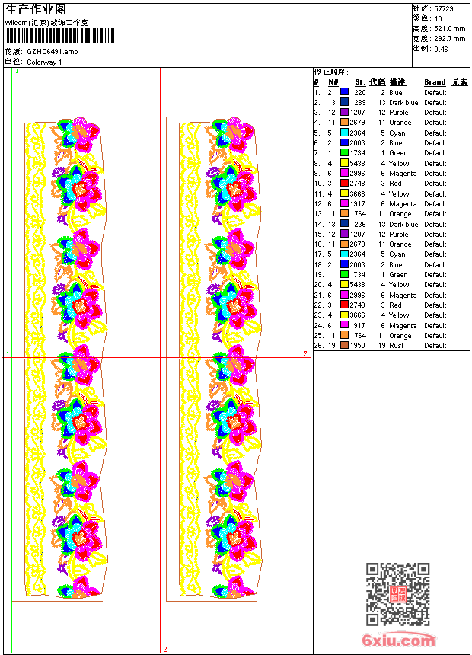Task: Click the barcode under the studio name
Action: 60,36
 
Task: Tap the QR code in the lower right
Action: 398,594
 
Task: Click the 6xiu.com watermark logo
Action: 398,639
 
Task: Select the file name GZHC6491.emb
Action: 53,52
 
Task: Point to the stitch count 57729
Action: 444,9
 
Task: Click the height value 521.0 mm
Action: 449,29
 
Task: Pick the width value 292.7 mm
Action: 449,39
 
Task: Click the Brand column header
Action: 435,82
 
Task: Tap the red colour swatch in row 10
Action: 344,183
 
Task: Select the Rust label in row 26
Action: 397,346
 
